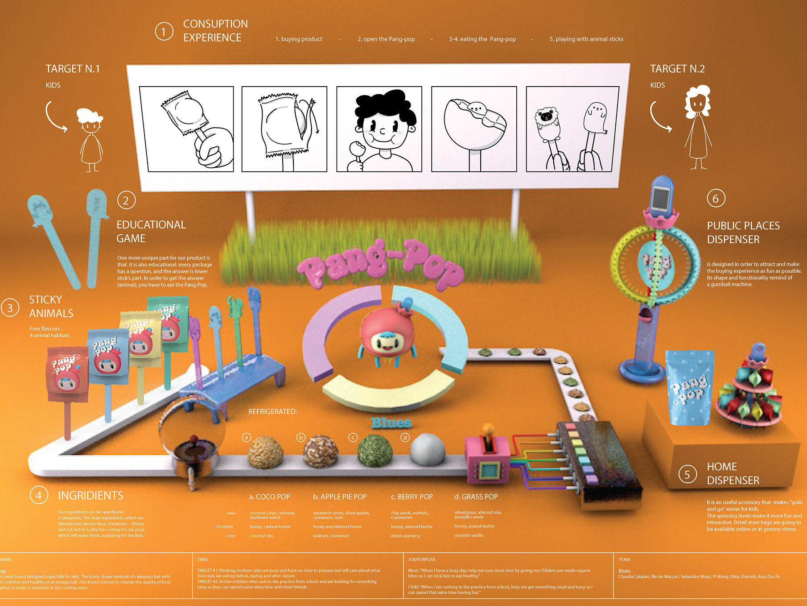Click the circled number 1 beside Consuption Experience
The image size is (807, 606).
(164, 32)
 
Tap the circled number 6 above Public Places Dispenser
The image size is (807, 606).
(716, 198)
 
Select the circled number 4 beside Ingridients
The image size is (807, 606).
(39, 495)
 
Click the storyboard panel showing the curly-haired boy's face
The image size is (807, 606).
(379, 129)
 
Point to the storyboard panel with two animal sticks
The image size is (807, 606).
(572, 129)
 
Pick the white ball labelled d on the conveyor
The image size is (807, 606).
(427, 448)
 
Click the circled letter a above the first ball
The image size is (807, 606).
(247, 437)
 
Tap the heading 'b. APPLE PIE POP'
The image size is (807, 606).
(340, 497)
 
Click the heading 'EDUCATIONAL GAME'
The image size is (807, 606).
(151, 231)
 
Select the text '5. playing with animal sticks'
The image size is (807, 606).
(586, 39)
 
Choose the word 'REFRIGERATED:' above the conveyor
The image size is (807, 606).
(272, 411)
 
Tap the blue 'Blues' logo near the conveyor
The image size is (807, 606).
(391, 423)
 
